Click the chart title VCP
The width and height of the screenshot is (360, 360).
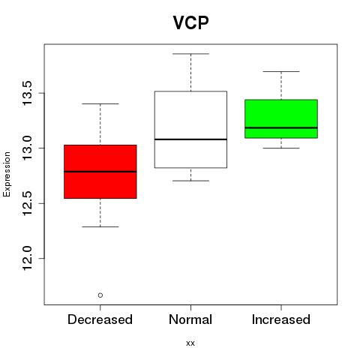(x=190, y=22)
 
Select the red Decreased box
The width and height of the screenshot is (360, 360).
(x=100, y=172)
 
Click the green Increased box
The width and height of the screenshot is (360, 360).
(x=281, y=118)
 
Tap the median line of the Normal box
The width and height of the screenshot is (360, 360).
(x=190, y=139)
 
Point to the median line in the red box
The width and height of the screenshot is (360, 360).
(x=100, y=172)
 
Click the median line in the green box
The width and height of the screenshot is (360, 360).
(x=281, y=127)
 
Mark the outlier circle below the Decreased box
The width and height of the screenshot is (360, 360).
(x=100, y=295)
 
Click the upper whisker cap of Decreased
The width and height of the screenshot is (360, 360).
(x=100, y=103)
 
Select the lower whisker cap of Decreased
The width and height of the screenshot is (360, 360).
(x=100, y=226)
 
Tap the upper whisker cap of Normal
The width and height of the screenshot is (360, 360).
(x=190, y=54)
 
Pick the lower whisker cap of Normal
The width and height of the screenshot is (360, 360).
(x=190, y=181)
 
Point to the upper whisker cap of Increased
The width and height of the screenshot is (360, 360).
(x=281, y=71)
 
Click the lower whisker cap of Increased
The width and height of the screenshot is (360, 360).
(x=281, y=148)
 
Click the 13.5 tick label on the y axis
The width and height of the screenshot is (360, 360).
(x=27, y=93)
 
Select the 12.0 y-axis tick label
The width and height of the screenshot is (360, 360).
(x=27, y=258)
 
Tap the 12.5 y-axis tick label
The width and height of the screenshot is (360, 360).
(x=27, y=203)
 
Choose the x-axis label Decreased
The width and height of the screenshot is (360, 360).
(x=100, y=319)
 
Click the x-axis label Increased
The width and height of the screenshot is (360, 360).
(x=281, y=319)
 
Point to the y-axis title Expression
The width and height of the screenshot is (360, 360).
(x=7, y=174)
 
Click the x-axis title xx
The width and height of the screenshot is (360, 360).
(x=190, y=343)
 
